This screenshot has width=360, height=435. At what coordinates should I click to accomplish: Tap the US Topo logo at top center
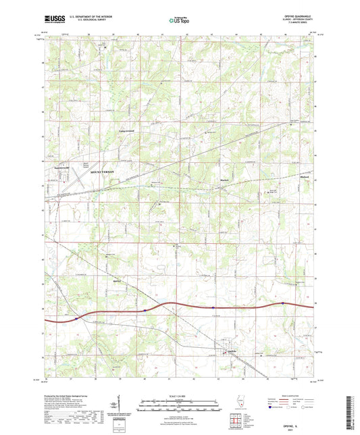(x=178, y=21)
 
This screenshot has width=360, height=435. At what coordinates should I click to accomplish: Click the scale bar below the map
(x=179, y=407)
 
